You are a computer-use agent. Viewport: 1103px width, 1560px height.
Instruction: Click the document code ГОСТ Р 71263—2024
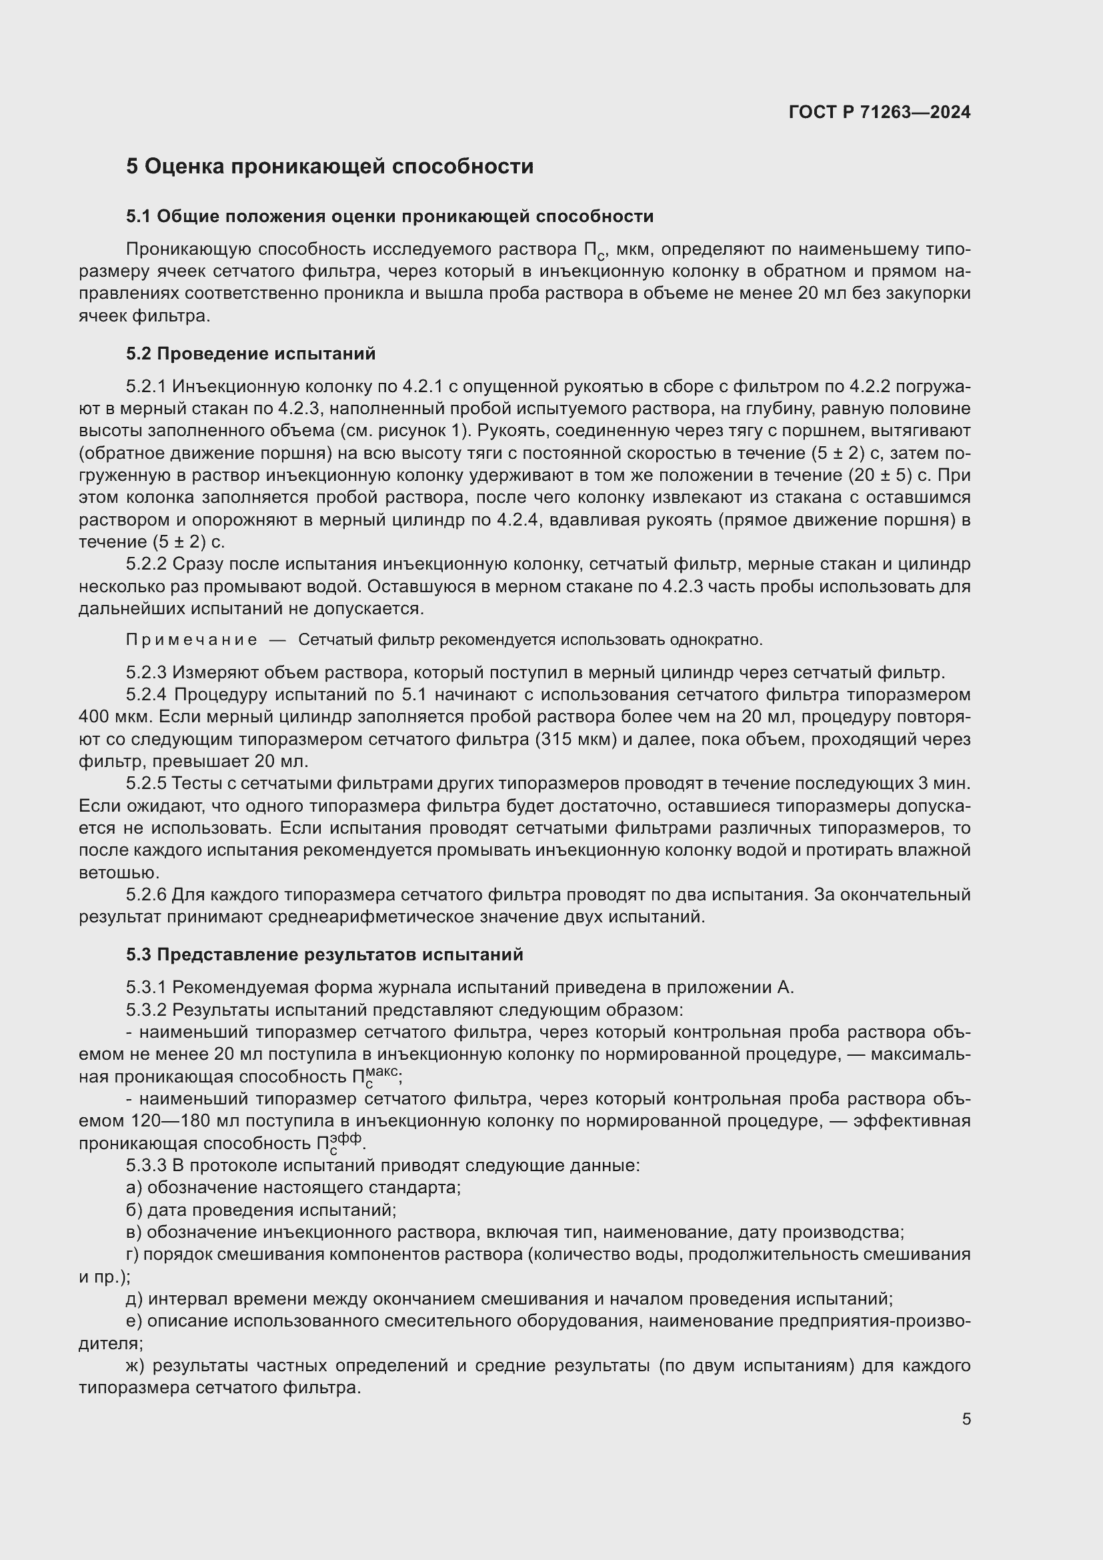(880, 112)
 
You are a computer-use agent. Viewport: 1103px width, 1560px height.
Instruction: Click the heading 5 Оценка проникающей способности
(329, 167)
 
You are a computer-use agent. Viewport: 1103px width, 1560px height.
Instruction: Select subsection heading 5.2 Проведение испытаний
(251, 354)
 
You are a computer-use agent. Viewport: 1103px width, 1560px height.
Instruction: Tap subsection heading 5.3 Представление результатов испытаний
(325, 954)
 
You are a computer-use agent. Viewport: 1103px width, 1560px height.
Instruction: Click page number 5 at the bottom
(966, 1419)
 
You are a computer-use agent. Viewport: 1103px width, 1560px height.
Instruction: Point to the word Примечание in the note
(191, 640)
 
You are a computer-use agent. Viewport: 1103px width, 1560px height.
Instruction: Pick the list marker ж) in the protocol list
(135, 1366)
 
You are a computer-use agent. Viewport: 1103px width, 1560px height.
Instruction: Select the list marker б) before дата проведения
(134, 1210)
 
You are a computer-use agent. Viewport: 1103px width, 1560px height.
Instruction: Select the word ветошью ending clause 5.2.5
(118, 872)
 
